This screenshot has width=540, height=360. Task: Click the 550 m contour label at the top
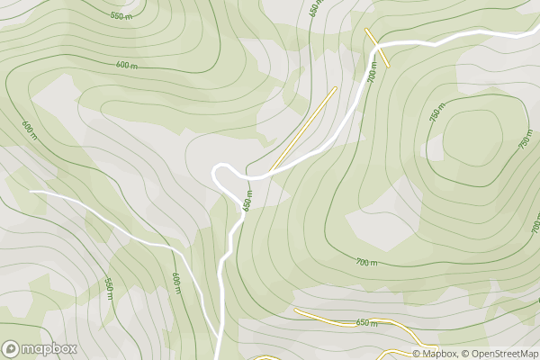pos(120,16)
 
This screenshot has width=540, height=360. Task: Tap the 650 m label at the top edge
pos(314,10)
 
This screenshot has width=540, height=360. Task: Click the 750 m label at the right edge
pos(524,138)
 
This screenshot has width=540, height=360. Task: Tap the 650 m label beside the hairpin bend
pos(247,202)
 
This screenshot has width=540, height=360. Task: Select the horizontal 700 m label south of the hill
pos(366,262)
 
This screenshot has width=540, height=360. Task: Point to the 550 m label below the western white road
pos(109,288)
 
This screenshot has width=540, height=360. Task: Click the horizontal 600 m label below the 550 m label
pos(127,65)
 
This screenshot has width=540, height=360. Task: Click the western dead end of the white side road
pos(31,192)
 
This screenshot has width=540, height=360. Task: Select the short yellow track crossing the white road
pos(377,48)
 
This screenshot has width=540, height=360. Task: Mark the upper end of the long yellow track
pos(335,88)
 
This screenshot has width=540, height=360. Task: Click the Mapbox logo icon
pos(12,348)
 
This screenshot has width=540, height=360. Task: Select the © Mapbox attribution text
pos(435,353)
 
